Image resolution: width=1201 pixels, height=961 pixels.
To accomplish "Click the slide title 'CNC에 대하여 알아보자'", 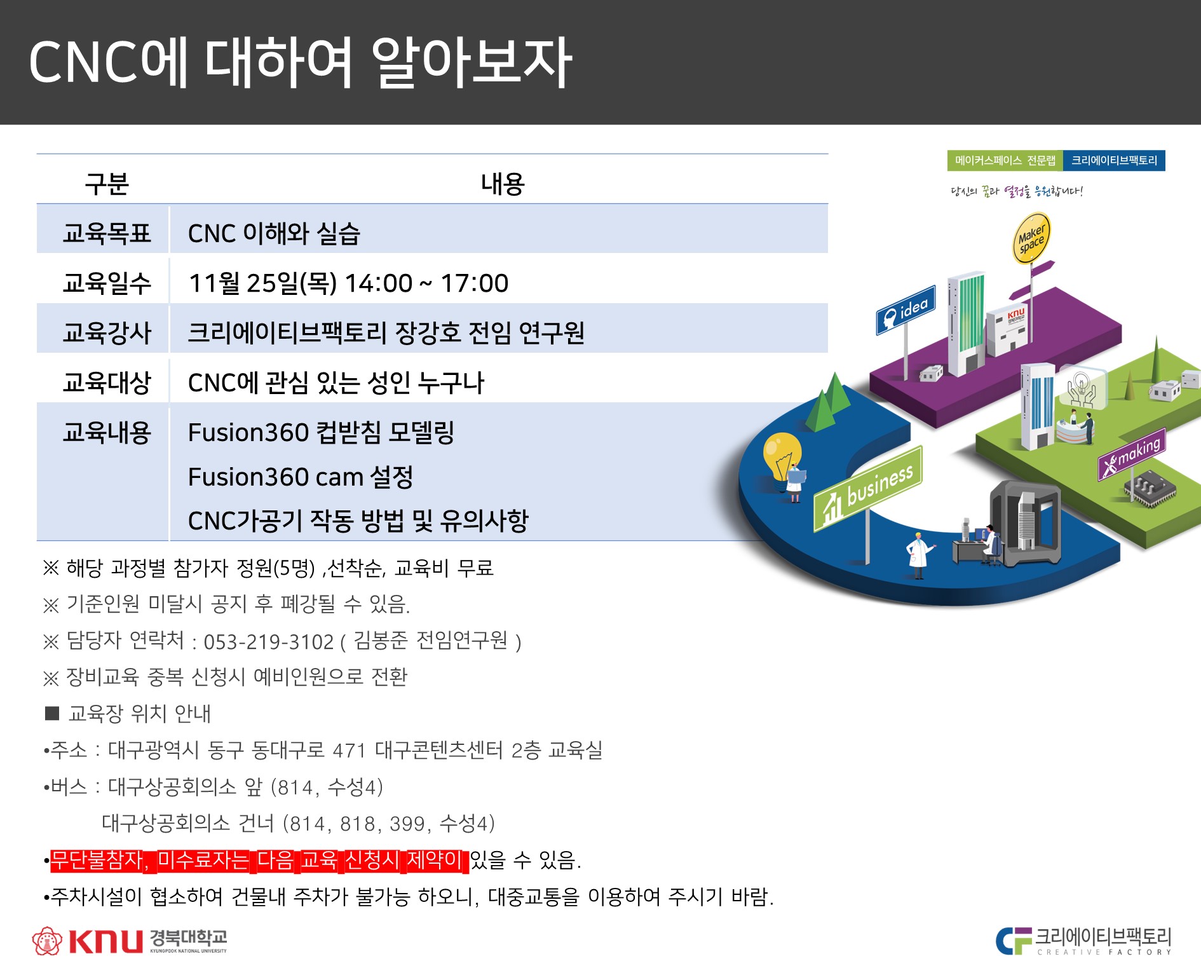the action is point(301,62).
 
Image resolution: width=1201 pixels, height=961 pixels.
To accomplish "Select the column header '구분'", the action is point(107,184).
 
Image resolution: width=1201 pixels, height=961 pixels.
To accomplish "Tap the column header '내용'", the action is point(503,184).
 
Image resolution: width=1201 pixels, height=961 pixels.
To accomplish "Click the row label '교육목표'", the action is point(107,233).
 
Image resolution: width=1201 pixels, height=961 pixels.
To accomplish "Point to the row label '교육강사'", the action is point(107,332).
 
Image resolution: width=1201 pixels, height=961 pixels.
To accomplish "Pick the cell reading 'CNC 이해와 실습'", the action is point(274,233).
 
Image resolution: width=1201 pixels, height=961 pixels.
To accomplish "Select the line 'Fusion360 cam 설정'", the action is point(301,477).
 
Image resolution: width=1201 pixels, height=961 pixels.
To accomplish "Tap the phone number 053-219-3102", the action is point(268,642).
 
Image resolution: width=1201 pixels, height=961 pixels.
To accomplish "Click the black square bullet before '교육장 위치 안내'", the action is point(52,713).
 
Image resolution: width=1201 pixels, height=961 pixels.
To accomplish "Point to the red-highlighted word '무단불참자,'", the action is point(100,861).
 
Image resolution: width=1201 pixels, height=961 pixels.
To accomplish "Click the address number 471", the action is point(349,751).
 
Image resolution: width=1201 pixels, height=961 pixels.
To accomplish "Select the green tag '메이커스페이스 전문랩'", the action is point(1005,161).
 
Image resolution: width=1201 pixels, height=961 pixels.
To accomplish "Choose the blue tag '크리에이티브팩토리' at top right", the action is point(1114,161).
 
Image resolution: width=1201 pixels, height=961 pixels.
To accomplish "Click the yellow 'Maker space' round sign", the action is point(1031,238).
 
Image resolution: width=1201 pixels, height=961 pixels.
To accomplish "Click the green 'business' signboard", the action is point(868,489).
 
